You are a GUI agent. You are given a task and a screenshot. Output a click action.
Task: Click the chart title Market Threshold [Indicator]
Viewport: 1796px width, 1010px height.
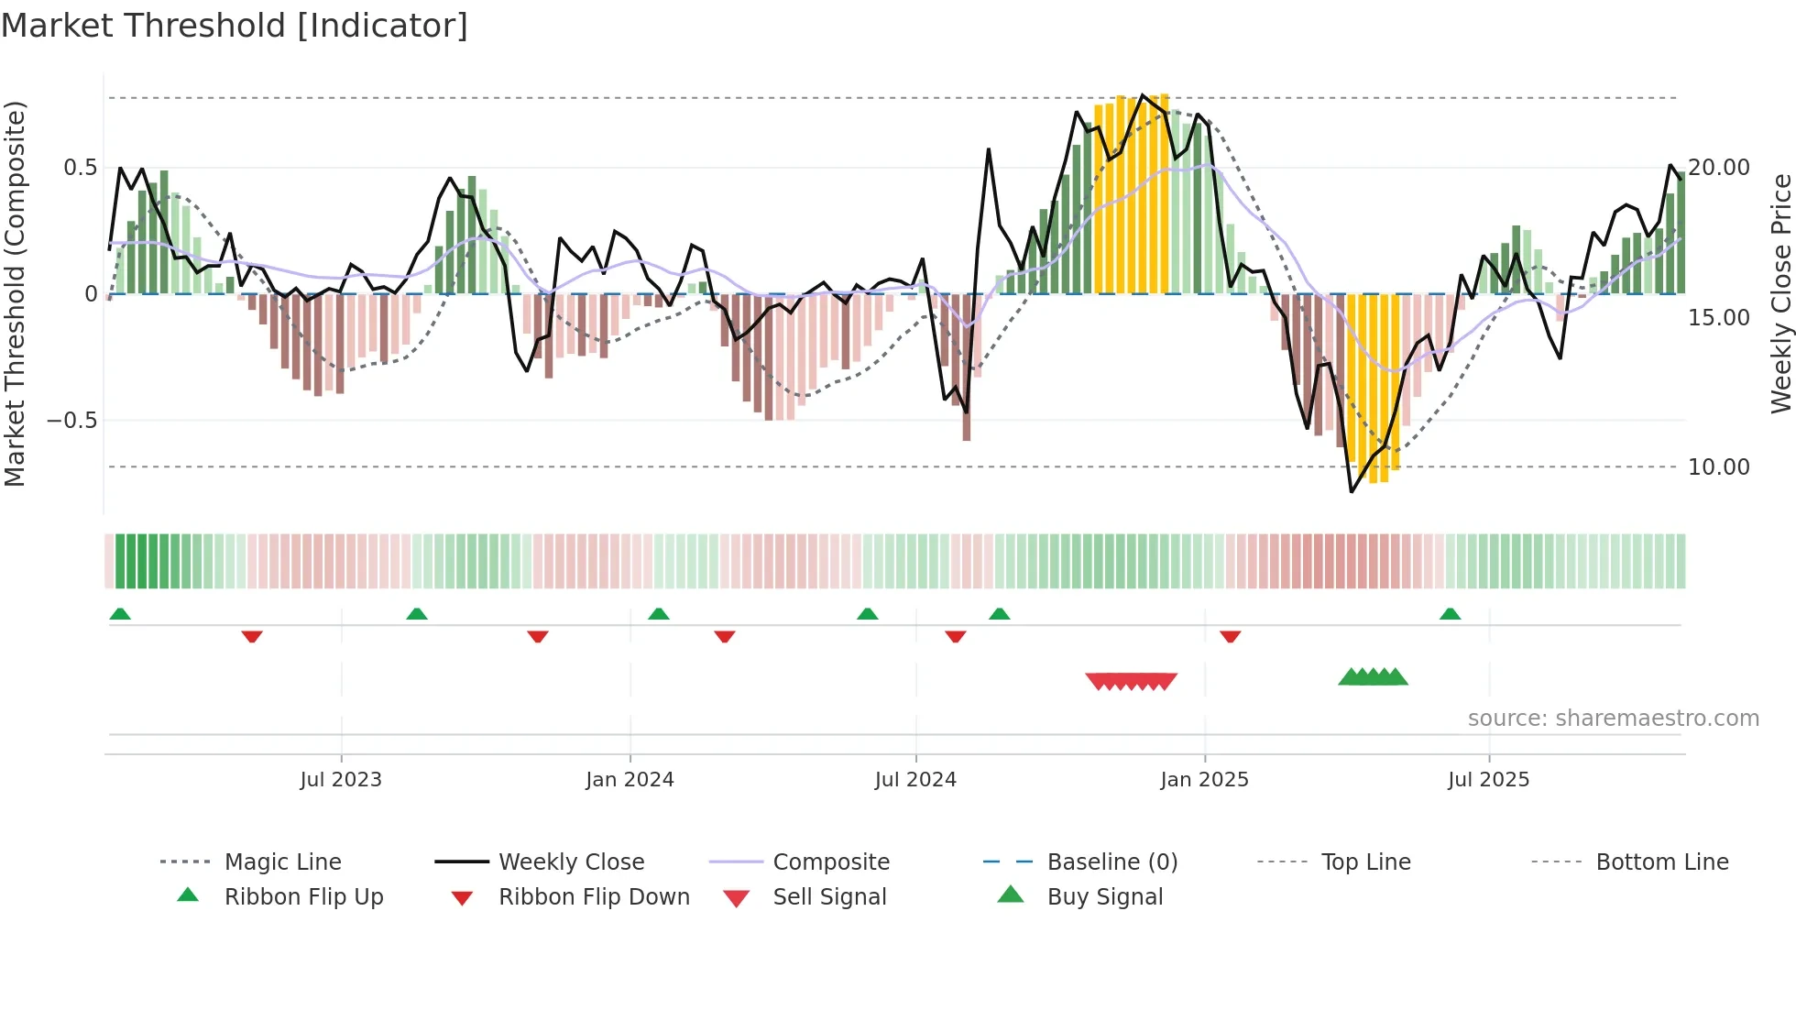pyautogui.click(x=235, y=26)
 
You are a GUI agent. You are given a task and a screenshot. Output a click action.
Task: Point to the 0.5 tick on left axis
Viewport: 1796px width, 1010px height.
pyautogui.click(x=80, y=168)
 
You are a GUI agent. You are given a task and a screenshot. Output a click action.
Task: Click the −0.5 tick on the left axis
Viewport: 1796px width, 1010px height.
pyautogui.click(x=72, y=421)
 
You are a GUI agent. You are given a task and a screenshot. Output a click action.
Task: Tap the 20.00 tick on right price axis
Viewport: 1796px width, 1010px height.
pyautogui.click(x=1719, y=168)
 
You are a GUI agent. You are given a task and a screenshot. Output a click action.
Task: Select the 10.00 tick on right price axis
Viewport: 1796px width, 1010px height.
pyautogui.click(x=1719, y=467)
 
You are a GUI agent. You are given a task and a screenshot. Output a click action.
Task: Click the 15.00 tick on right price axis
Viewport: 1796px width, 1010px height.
pyautogui.click(x=1719, y=318)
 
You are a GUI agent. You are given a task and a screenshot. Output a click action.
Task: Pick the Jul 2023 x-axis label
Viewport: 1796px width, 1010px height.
pyautogui.click(x=341, y=780)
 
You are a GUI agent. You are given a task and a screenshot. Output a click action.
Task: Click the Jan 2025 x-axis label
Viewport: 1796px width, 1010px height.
pyautogui.click(x=1204, y=780)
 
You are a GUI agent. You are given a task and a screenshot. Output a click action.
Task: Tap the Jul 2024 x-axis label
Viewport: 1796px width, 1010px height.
pyautogui.click(x=915, y=780)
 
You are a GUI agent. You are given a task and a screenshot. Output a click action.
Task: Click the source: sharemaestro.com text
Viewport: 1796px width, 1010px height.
pyautogui.click(x=1613, y=719)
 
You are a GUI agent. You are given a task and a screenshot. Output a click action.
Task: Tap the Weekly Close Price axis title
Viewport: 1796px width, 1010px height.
pyautogui.click(x=1780, y=293)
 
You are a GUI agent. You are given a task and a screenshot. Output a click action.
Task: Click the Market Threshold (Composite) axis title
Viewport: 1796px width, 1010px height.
pyautogui.click(x=15, y=293)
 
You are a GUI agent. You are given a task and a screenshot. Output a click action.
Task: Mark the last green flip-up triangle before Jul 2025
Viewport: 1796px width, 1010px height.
pyautogui.click(x=1450, y=614)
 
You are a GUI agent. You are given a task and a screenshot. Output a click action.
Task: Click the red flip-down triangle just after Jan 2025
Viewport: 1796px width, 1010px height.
pyautogui.click(x=1230, y=636)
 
